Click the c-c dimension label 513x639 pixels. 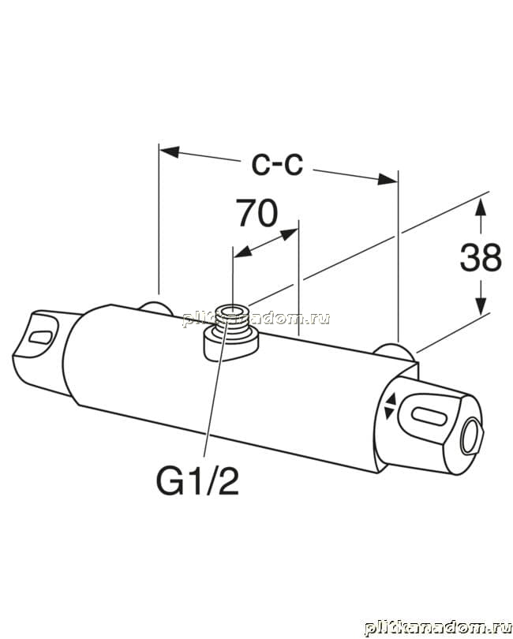(x=277, y=165)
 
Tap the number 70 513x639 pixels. (x=258, y=213)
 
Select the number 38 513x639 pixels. (x=481, y=257)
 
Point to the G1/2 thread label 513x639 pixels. (x=197, y=481)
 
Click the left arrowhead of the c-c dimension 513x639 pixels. (x=169, y=151)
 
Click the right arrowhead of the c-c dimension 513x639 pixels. (x=387, y=178)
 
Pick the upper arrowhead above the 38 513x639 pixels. (x=481, y=207)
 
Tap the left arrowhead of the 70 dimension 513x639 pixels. (x=242, y=252)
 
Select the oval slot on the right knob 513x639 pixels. (x=429, y=416)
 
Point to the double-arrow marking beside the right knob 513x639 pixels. (x=389, y=406)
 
